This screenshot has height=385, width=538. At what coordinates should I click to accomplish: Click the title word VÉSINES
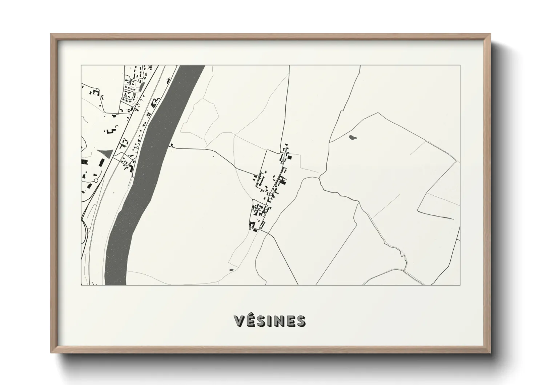(x=270, y=321)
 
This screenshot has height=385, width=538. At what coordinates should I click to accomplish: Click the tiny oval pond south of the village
(x=232, y=270)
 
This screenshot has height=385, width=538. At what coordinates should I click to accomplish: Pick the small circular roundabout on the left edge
(x=96, y=180)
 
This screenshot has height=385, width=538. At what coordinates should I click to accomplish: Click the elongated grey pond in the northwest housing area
(x=141, y=86)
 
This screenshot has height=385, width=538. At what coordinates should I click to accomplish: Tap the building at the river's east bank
(x=171, y=145)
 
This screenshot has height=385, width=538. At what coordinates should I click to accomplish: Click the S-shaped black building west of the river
(x=112, y=130)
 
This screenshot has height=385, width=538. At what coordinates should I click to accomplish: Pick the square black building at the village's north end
(x=290, y=158)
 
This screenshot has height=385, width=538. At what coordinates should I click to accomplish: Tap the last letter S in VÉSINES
(x=301, y=321)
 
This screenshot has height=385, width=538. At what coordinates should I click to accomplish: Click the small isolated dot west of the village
(x=213, y=157)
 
